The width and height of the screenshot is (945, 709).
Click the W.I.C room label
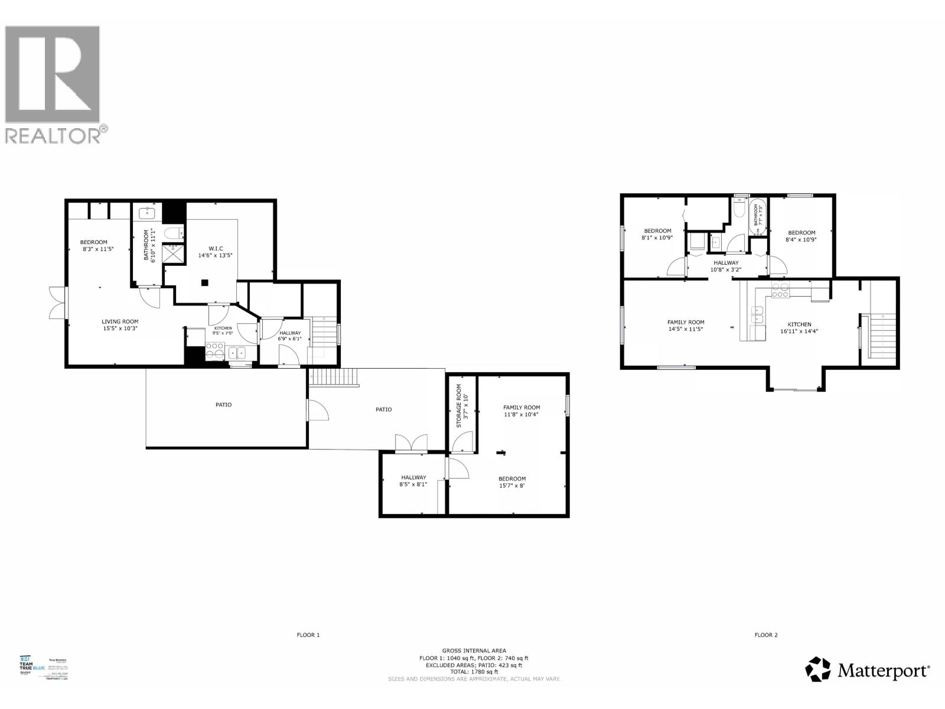215,248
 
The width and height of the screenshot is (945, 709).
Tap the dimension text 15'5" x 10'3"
120,329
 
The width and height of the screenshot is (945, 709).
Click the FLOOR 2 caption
766,635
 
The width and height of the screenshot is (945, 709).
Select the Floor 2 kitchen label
799,324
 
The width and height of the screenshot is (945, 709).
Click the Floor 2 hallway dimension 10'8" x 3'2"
726,270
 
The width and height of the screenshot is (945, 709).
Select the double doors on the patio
411,444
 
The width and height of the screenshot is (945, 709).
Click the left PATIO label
223,405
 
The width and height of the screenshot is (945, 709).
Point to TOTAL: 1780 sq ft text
474,672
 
